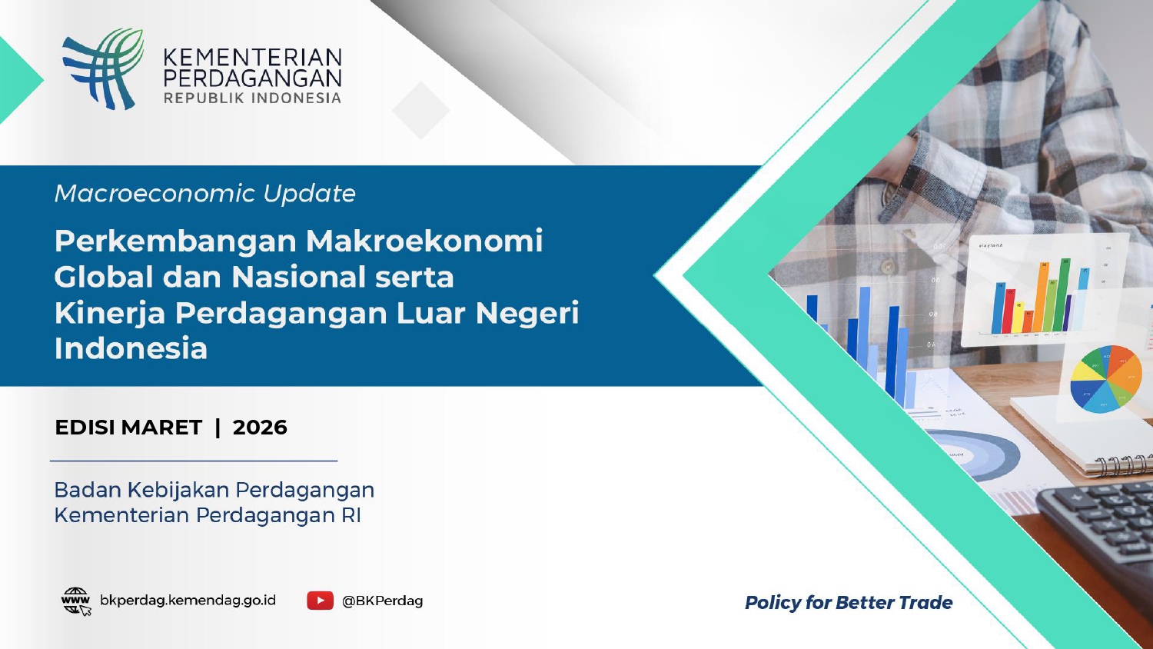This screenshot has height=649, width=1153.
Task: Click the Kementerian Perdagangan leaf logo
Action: coord(103,68)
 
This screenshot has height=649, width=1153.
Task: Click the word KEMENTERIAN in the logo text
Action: coord(253,57)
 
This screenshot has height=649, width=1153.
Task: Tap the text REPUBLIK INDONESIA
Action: coord(252,98)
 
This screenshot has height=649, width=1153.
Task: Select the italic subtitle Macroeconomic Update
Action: coord(205,194)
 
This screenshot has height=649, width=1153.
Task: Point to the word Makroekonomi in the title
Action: coord(424,241)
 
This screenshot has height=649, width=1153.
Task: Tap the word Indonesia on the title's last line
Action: coord(131,348)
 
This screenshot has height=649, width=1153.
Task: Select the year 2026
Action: coord(260,428)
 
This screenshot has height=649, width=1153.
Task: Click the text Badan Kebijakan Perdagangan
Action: coord(214,490)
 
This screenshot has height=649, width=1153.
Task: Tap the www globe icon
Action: coord(75,601)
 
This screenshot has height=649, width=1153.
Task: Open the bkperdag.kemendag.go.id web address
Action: coord(188,601)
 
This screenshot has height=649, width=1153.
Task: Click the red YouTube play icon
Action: coord(321,601)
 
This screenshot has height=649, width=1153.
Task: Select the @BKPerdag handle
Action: coord(383,601)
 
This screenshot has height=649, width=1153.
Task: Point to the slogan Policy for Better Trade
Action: coord(849,603)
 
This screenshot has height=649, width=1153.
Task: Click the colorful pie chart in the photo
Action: coord(1105,378)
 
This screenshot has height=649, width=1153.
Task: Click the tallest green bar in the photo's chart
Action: coord(1064,295)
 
